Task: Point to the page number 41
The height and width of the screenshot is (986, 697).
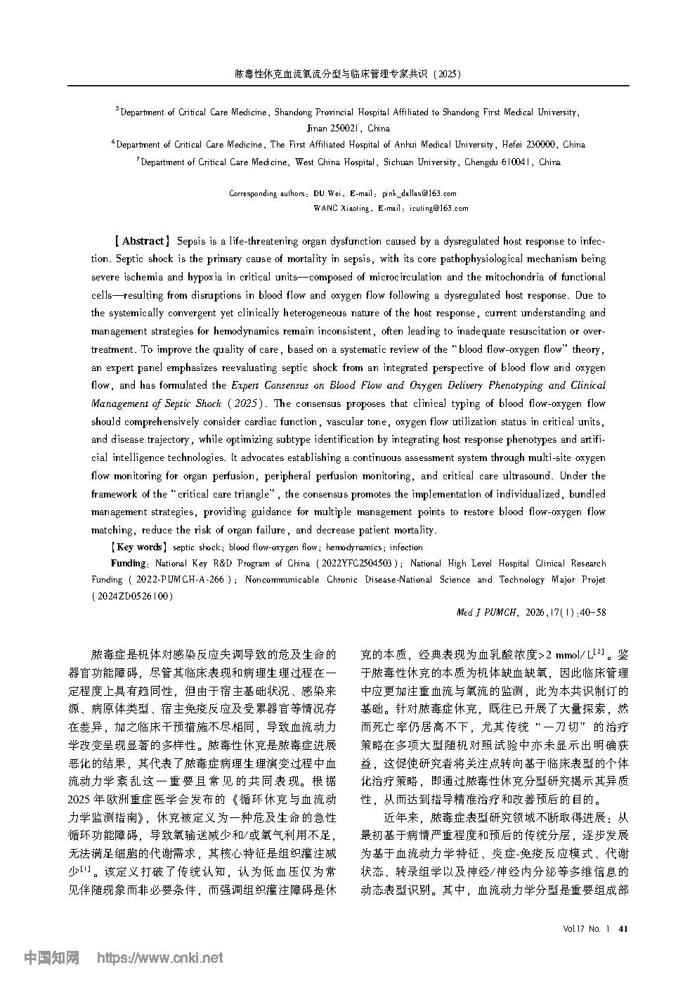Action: click(622, 928)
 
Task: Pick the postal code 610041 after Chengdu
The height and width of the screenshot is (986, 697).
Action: click(517, 162)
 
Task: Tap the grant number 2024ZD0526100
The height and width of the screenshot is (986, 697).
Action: click(131, 596)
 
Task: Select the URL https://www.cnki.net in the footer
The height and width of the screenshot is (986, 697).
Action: click(159, 957)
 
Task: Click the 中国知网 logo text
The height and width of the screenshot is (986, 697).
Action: click(51, 957)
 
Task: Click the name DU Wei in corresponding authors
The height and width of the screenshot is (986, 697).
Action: click(327, 193)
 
